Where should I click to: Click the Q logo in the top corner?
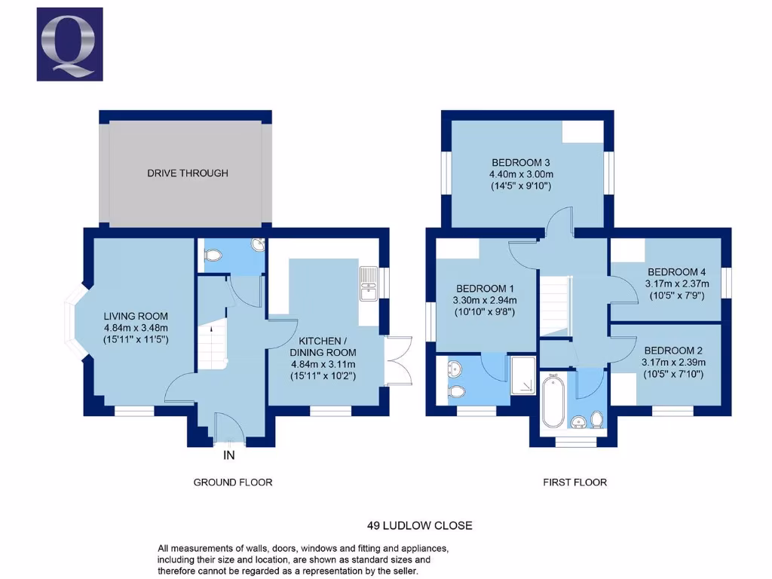[x=69, y=44]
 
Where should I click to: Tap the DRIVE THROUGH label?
[x=187, y=173]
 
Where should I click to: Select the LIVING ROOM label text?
[x=136, y=316]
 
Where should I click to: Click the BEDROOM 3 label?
[x=521, y=162]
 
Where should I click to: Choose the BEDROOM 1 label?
[x=486, y=289]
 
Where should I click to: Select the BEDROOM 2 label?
[x=673, y=351]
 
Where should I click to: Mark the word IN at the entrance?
[x=229, y=455]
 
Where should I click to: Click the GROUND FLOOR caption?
[x=233, y=482]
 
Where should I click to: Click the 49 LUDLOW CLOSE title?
[x=420, y=525]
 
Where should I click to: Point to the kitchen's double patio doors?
[x=395, y=360]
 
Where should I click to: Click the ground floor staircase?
[x=212, y=343]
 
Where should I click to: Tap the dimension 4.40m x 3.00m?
[x=521, y=174]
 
